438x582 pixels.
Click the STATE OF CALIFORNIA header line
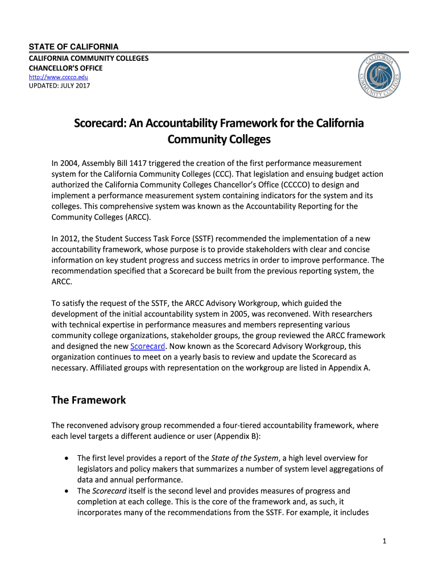(74, 47)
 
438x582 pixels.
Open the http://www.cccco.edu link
(59, 77)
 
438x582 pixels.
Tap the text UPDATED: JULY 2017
(60, 86)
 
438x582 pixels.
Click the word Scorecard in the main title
(100, 124)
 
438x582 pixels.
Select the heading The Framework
(88, 400)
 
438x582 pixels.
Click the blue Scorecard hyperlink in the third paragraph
(148, 346)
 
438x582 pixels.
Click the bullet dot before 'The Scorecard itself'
(68, 490)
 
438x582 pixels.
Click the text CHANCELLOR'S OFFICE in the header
(66, 68)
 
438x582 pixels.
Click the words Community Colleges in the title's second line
(219, 139)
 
